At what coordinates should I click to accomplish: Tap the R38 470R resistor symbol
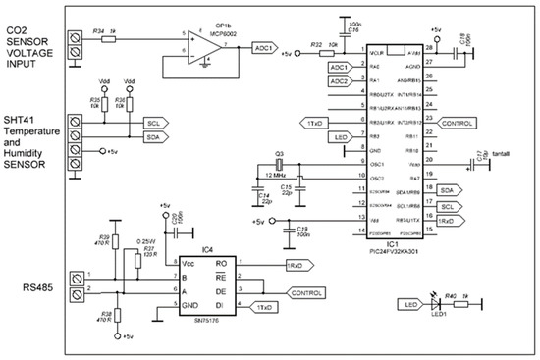(x=117, y=314)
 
